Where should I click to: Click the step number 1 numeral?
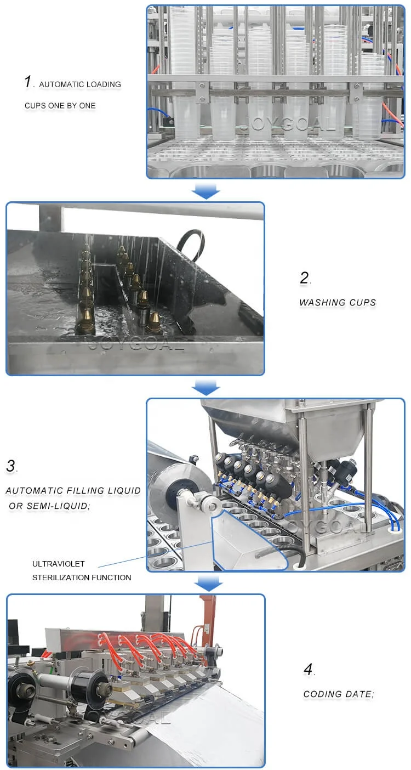[x=28, y=82]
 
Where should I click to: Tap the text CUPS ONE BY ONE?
[x=60, y=106]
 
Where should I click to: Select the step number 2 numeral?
[x=304, y=278]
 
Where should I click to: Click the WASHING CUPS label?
[x=338, y=303]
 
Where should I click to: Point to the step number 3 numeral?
[x=11, y=466]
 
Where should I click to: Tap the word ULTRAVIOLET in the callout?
[x=59, y=564]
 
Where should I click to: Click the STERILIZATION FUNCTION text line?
[x=82, y=577]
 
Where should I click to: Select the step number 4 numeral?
[x=309, y=670]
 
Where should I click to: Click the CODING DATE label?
[x=339, y=694]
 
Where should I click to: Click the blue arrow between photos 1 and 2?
[x=206, y=190]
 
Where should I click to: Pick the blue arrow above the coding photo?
[x=208, y=584]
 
